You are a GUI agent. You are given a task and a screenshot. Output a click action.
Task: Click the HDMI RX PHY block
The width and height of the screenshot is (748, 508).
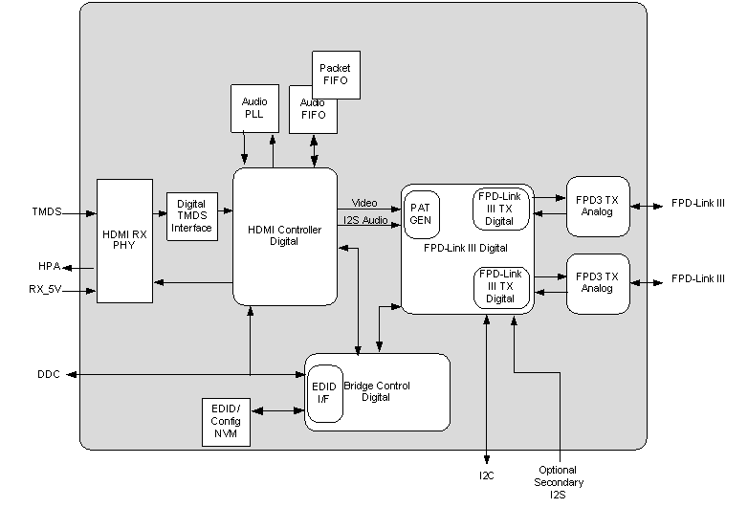(124, 240)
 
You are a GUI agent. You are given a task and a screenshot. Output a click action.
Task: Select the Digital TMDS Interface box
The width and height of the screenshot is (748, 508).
(192, 216)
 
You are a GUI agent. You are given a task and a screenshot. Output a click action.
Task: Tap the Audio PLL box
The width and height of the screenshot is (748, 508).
(253, 108)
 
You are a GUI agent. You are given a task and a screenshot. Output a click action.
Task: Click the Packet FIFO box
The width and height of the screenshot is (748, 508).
(336, 75)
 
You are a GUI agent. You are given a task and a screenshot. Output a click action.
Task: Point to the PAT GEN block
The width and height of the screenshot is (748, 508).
(422, 214)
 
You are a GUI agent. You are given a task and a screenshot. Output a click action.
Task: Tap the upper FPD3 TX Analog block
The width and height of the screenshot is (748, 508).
(598, 206)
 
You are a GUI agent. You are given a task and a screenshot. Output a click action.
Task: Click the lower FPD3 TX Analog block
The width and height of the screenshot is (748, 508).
(598, 283)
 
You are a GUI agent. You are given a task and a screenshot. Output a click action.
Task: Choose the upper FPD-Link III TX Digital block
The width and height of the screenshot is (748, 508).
(500, 209)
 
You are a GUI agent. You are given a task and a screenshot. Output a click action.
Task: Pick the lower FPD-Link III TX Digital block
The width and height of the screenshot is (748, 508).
(500, 287)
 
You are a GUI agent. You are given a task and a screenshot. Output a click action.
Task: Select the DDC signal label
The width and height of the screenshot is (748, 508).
(49, 374)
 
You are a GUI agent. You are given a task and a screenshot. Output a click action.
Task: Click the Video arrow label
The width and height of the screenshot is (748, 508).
(364, 203)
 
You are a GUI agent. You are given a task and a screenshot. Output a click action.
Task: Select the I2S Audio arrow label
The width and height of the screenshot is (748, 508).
(364, 222)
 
